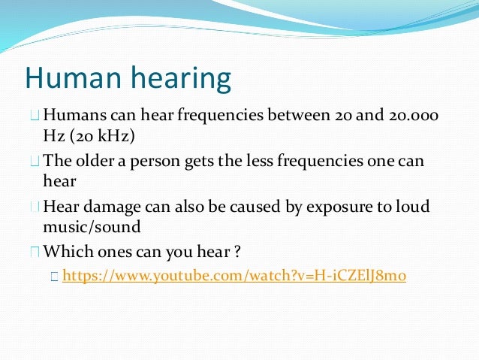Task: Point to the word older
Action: click(98, 161)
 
